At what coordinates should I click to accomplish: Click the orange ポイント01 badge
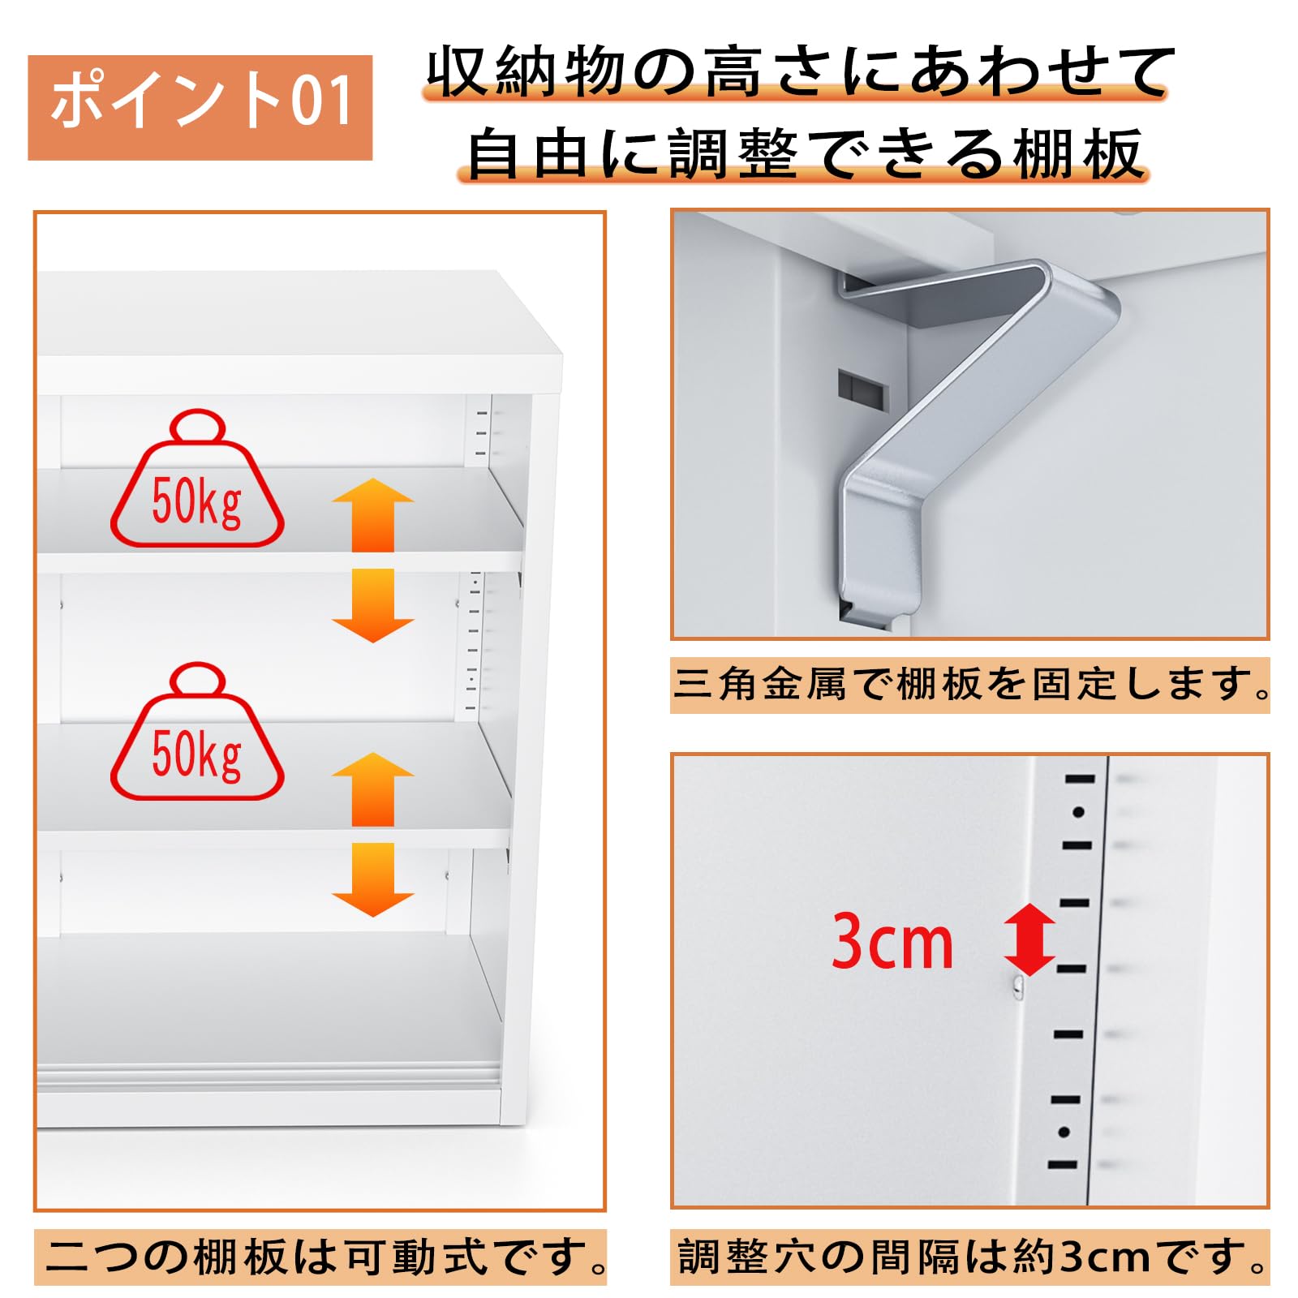pos(200,107)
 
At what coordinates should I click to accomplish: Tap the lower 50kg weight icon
pos(197,732)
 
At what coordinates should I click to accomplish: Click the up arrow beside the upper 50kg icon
pos(372,514)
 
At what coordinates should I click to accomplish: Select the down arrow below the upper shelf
pos(372,605)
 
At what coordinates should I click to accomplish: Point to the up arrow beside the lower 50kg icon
pos(372,789)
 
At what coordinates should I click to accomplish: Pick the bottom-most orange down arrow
pos(372,879)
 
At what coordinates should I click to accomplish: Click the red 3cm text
pos(892,941)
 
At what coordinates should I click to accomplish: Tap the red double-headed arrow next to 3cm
pos(1029,939)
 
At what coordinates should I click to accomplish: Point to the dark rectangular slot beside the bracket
pos(862,389)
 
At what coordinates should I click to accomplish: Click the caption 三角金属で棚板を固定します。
pos(970,685)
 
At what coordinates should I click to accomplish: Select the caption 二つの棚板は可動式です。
pos(321,1257)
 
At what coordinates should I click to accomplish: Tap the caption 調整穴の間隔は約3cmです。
pos(970,1257)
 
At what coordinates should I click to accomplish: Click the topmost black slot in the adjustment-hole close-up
pos(1080,779)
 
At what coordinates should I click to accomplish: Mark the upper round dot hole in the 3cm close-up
pos(1078,812)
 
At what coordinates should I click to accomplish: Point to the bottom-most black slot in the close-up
pos(1062,1165)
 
